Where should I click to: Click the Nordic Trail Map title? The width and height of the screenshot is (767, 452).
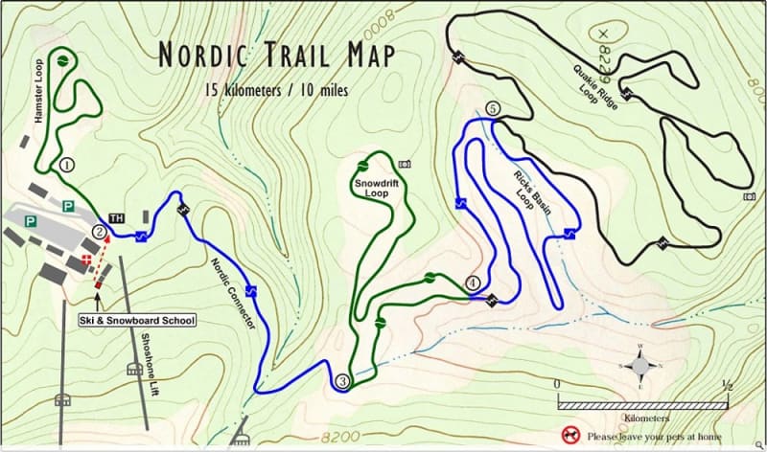point(276,55)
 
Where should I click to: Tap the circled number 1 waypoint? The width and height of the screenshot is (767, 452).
point(66,164)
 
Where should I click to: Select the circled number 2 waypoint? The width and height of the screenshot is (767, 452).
point(99,230)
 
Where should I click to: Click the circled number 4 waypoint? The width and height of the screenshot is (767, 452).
point(472,282)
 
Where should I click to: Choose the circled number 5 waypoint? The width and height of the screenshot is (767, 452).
point(494,109)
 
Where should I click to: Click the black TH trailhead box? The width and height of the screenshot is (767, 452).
point(118,218)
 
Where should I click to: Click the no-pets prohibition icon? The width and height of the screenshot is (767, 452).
point(570,435)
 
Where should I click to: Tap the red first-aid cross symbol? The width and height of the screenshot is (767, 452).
point(89,260)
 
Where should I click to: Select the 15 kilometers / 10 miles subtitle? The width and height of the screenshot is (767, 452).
point(276,91)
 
